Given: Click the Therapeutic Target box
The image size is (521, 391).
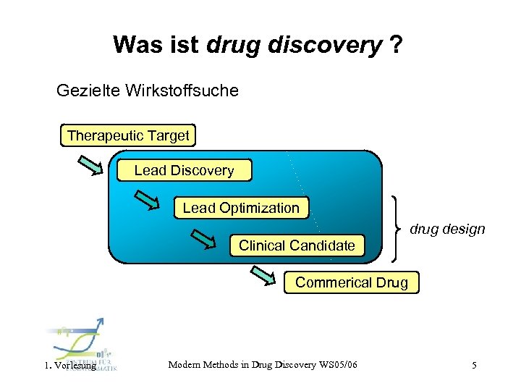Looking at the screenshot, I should click(128, 135).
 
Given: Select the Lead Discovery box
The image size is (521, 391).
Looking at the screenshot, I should click(184, 171).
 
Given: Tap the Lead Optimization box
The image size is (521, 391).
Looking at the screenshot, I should click(240, 208).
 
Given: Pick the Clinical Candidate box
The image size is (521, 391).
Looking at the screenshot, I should click(297, 245).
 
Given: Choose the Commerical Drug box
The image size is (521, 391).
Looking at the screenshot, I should click(351, 282).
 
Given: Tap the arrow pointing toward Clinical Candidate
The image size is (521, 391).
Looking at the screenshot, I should click(204, 237).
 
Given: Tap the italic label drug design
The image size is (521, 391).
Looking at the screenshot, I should click(447, 230).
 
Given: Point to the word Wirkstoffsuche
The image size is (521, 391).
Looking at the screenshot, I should click(181, 91).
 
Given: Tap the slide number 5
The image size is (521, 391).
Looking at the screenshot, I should click(474, 366).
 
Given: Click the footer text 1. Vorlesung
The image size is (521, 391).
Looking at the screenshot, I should click(70, 366).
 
